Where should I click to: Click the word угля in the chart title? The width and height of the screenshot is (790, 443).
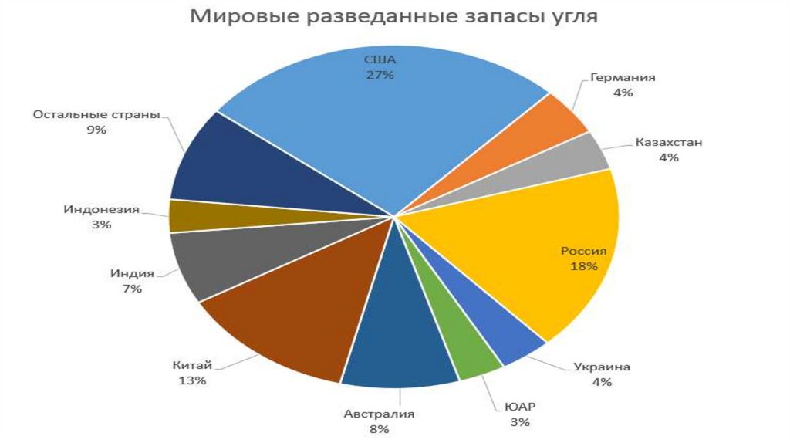(570, 16)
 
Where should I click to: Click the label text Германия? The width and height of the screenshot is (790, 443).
(623, 78)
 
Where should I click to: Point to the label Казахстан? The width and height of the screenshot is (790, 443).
(669, 143)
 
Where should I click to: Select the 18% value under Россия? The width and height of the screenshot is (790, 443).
(584, 266)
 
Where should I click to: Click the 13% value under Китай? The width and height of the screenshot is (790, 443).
(192, 380)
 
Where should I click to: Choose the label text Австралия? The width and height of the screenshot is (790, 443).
(379, 414)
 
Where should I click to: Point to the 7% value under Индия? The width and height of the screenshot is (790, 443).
(131, 289)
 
